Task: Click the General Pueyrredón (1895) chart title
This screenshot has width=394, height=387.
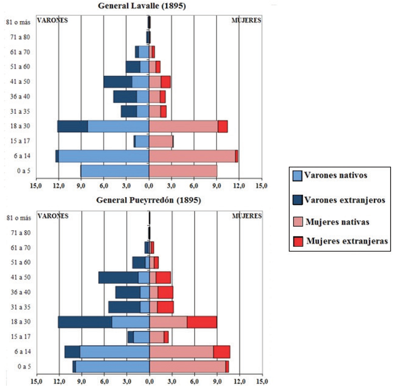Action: click(x=149, y=201)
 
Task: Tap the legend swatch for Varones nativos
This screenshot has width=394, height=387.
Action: click(x=297, y=176)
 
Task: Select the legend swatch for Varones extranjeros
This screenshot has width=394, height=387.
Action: click(x=297, y=200)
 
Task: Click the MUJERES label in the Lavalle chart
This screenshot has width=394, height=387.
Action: click(x=246, y=21)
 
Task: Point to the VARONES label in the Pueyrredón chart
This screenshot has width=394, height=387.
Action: click(x=53, y=216)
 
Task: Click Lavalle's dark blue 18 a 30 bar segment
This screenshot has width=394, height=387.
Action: click(x=72, y=126)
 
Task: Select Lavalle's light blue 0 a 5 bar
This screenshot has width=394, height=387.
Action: click(x=115, y=171)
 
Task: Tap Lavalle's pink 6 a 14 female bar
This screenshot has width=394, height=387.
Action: click(x=192, y=156)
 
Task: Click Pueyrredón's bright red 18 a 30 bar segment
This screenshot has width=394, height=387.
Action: click(x=202, y=322)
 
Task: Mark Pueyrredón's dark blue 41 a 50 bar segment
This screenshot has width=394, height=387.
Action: click(x=118, y=278)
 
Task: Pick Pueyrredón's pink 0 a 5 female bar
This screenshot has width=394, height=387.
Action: click(x=187, y=366)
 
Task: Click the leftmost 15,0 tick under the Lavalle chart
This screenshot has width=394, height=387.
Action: click(x=35, y=186)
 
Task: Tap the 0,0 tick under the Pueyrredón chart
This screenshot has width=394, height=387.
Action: click(x=149, y=381)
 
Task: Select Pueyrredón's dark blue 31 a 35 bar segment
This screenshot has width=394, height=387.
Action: click(x=124, y=307)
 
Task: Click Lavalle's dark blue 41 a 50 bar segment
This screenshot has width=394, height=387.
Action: click(x=118, y=82)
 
